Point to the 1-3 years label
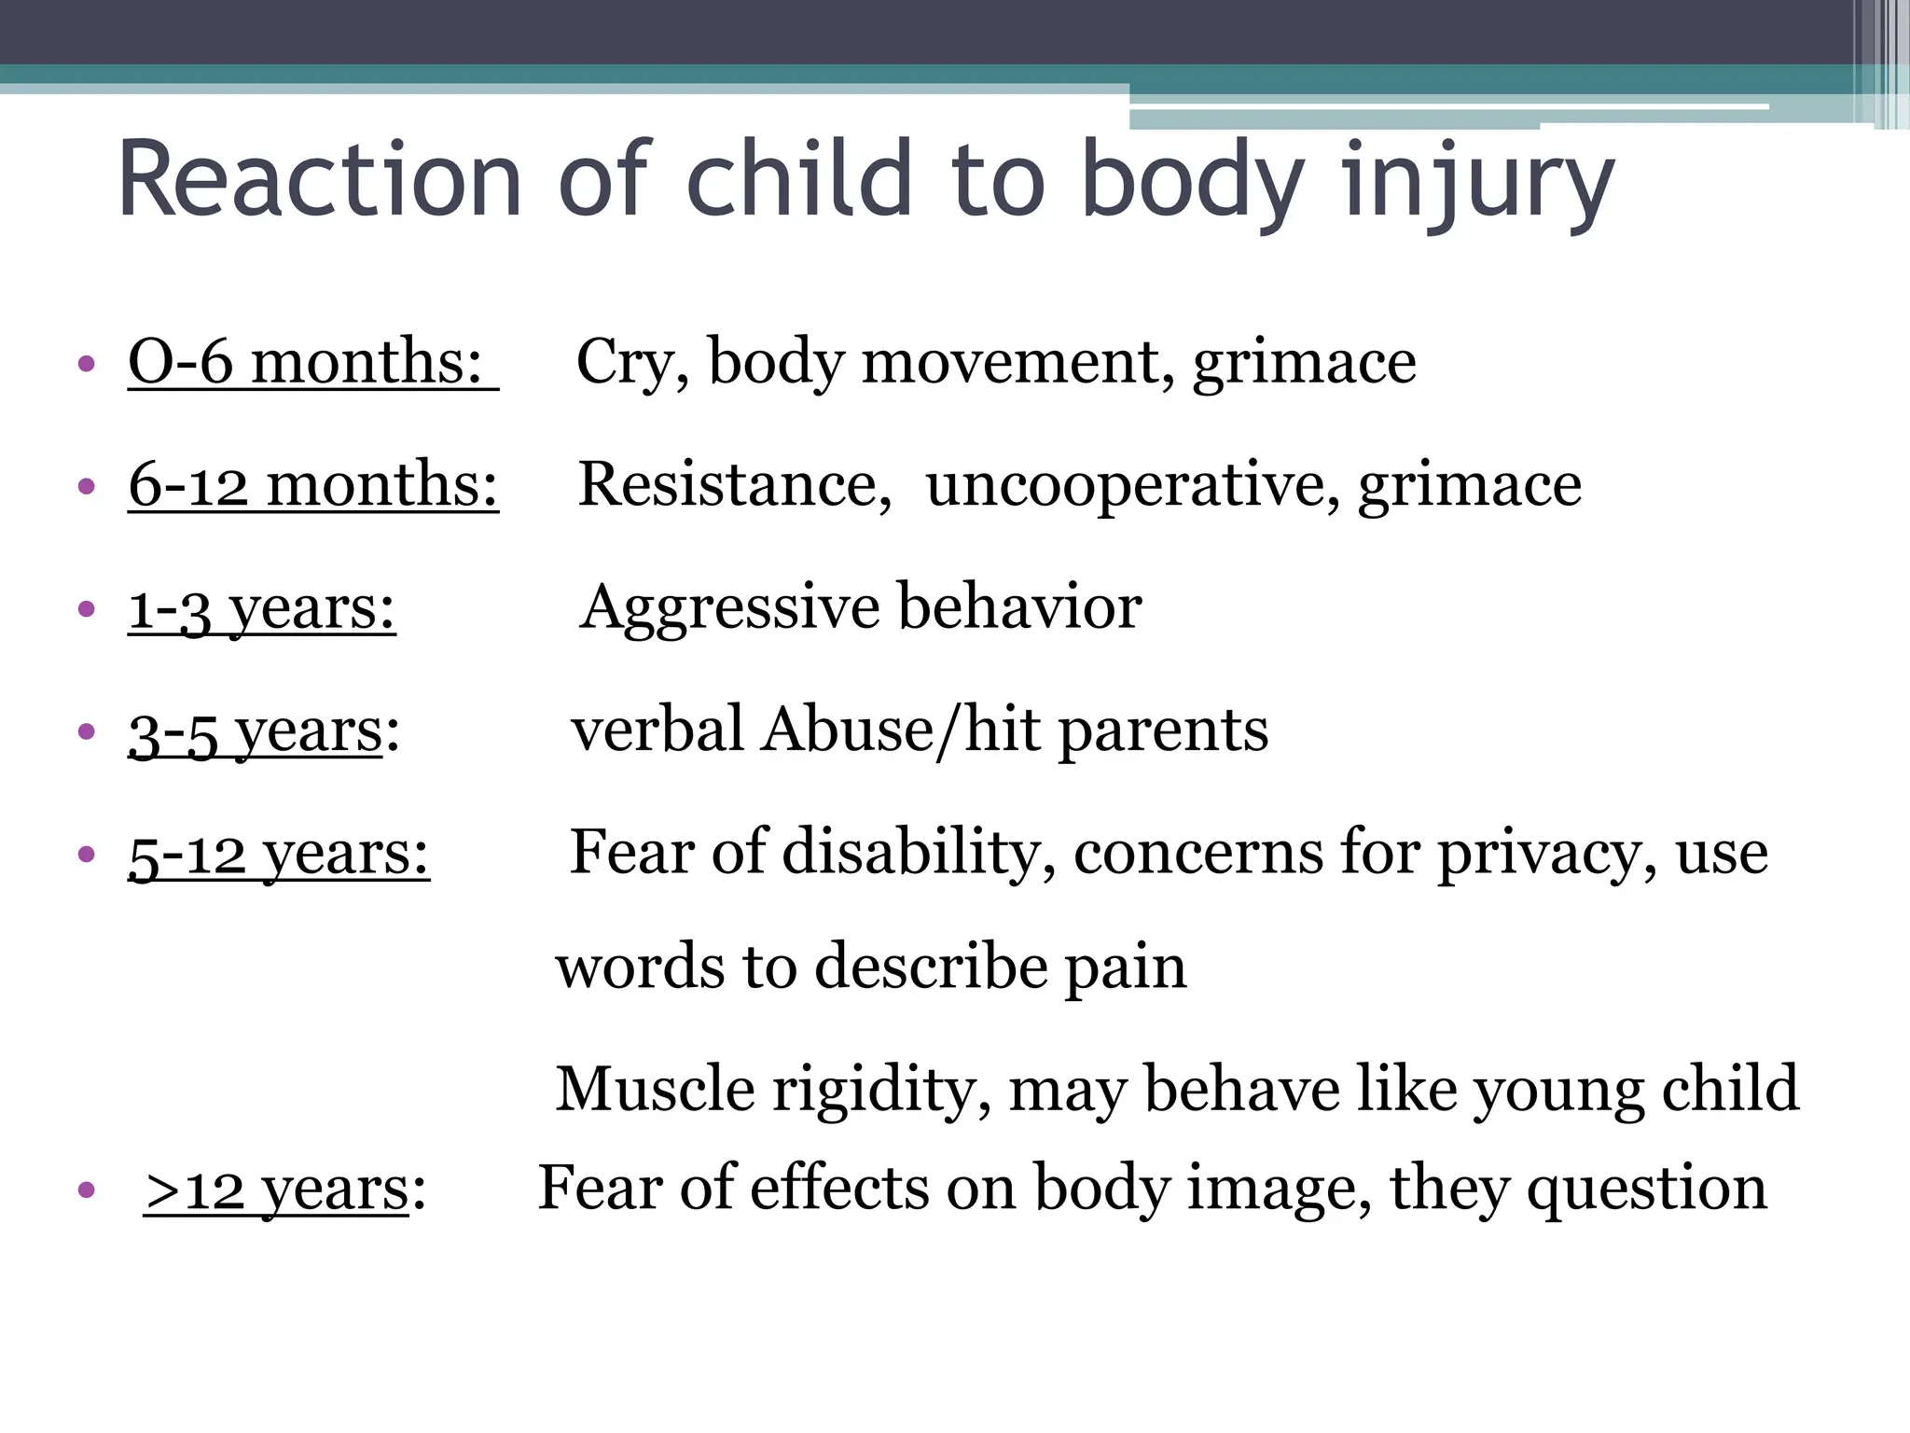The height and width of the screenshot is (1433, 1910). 262,607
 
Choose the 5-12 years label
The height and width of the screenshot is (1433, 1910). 279,853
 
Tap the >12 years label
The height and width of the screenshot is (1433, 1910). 284,1190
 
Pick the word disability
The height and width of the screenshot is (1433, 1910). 918,853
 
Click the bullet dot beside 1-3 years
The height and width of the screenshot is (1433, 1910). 87,609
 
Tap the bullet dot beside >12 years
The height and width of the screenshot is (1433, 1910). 87,1190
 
